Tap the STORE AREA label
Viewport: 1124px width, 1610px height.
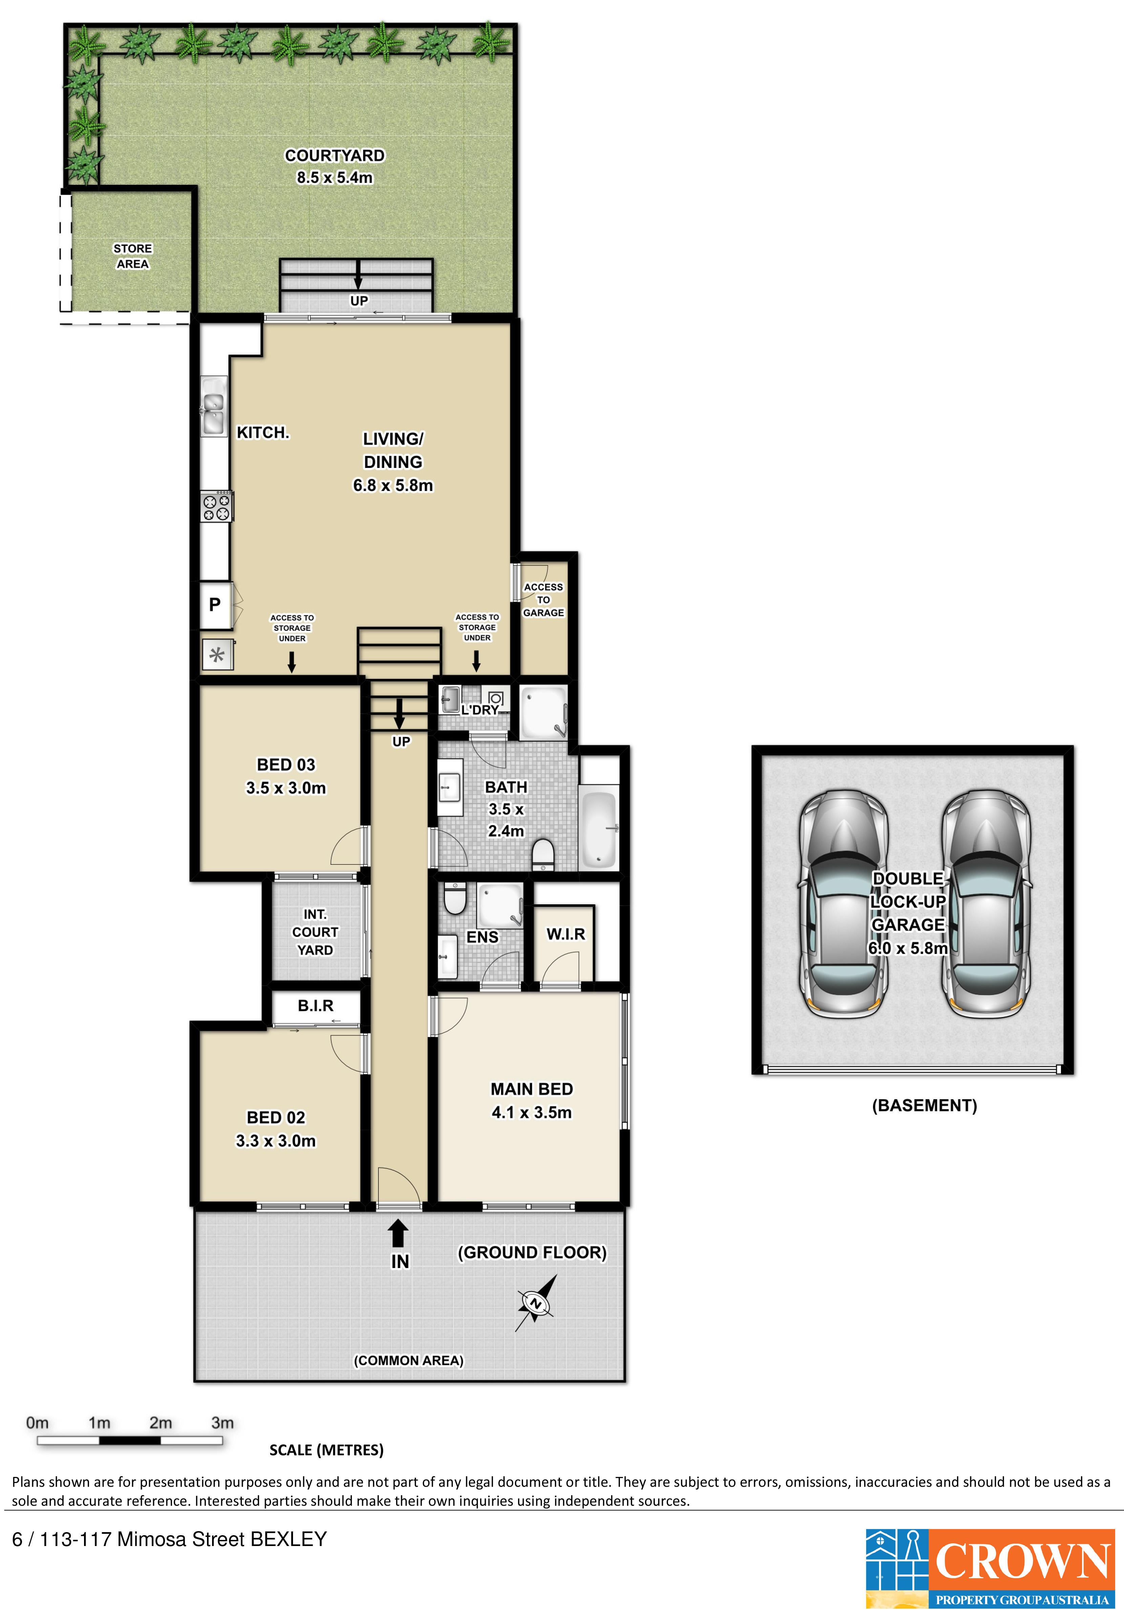tap(132, 256)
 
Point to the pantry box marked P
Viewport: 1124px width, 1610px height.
tap(215, 604)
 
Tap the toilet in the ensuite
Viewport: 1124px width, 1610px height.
tap(455, 898)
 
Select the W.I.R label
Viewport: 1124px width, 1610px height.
tap(565, 934)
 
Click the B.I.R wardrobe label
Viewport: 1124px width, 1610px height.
tap(316, 1006)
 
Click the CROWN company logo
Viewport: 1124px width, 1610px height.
tap(990, 1569)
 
